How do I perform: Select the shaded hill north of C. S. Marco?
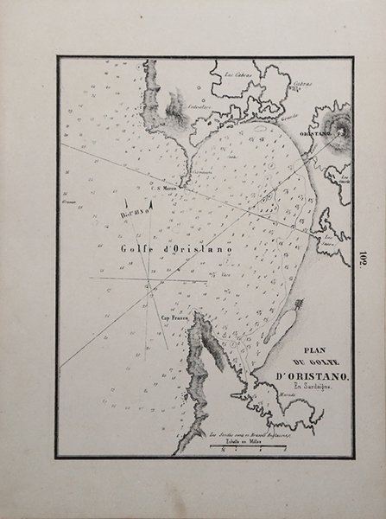pos(175,107)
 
